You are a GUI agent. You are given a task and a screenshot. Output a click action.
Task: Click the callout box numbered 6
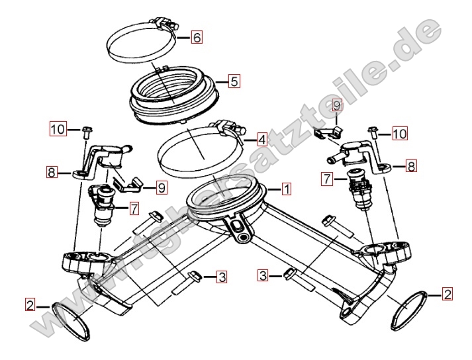(x=197, y=37)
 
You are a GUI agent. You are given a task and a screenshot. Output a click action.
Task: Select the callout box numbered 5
(x=234, y=81)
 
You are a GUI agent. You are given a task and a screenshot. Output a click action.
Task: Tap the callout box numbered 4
(x=262, y=140)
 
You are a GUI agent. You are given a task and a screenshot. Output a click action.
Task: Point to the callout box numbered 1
(x=286, y=189)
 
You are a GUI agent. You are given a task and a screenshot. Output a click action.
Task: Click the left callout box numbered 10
(x=58, y=129)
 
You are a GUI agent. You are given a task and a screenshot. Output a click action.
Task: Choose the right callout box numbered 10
(x=400, y=133)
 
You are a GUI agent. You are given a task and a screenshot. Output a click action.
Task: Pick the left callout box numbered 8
(x=52, y=173)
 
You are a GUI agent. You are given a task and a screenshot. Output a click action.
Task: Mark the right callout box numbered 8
(x=411, y=166)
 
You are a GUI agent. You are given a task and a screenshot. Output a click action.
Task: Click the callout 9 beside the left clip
(x=162, y=188)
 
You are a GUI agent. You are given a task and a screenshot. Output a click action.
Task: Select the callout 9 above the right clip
(x=337, y=105)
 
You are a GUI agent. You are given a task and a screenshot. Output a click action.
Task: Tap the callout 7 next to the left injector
(x=134, y=208)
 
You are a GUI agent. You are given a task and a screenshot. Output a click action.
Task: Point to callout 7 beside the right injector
(x=326, y=179)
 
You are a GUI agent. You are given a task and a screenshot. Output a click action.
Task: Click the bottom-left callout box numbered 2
(x=30, y=306)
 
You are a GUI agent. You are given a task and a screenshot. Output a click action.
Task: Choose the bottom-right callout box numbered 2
(x=447, y=294)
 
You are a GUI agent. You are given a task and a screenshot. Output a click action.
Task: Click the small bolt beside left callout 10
(x=87, y=132)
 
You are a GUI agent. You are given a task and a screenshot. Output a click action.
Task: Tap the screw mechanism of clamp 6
(x=165, y=23)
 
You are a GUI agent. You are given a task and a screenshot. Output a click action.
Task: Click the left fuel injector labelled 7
(x=102, y=206)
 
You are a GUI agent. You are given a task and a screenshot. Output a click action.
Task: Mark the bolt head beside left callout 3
(x=195, y=275)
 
